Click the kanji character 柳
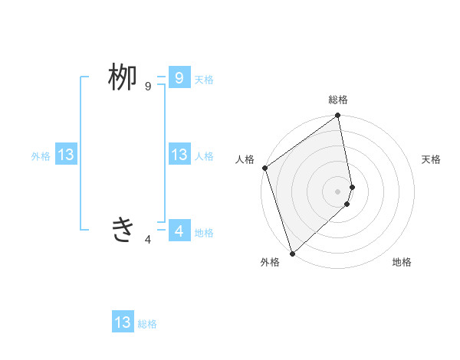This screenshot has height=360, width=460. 122,78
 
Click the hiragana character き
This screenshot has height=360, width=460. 123,229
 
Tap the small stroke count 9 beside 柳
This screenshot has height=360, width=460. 148,87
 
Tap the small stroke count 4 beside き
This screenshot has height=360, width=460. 148,240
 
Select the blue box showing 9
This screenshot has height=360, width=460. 179,77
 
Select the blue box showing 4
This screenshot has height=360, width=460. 179,230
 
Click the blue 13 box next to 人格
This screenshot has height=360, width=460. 179,155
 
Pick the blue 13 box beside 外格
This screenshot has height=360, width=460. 66,155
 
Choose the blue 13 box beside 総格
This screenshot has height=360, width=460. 123,322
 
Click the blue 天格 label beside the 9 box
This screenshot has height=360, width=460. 204,80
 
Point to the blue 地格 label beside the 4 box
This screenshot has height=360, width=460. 204,233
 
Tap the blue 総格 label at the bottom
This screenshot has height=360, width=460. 147,325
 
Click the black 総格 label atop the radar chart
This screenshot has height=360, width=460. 338,100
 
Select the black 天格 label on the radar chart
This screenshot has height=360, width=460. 432,159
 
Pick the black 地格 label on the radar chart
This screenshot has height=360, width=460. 402,262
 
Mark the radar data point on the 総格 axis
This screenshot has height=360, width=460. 338,116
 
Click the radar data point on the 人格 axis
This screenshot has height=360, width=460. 264,168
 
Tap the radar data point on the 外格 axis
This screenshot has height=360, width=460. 292,253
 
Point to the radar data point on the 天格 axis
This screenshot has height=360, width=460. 352,187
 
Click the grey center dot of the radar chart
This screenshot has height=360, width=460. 338,191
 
